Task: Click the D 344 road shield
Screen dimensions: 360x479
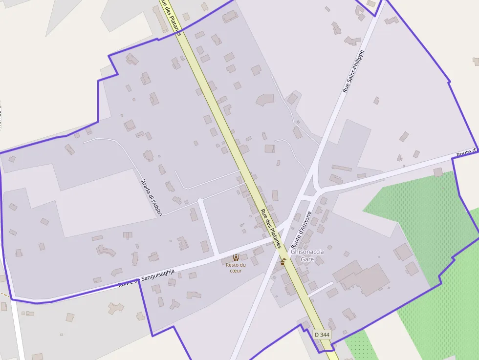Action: tap(322, 335)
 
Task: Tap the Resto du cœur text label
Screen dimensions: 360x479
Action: tap(236, 268)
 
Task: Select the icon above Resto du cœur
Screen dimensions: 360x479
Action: tap(236, 257)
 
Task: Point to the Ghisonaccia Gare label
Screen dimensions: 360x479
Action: tap(307, 255)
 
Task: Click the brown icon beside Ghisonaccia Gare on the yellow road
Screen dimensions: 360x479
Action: tap(283, 262)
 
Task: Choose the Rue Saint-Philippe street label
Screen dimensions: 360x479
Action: tap(353, 71)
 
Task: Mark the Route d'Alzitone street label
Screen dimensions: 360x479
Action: tap(301, 231)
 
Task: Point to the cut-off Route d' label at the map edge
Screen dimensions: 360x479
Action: tap(467, 153)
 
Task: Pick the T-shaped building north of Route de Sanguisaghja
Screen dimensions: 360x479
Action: tap(128, 235)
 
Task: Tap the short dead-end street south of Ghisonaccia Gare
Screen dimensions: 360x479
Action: tap(321, 289)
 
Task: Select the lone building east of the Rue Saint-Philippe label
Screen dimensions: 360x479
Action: tap(376, 100)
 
